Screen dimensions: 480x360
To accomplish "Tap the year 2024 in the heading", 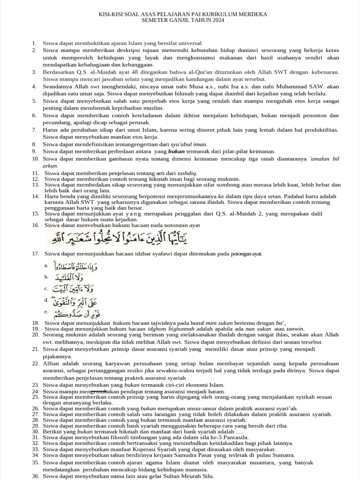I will click(x=217, y=21).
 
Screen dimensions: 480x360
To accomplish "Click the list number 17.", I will click(x=35, y=254).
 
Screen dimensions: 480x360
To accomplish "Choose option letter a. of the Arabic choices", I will click(x=46, y=266).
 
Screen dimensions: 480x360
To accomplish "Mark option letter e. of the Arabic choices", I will click(x=46, y=311).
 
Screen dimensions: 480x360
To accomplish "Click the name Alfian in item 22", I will click(x=52, y=363).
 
